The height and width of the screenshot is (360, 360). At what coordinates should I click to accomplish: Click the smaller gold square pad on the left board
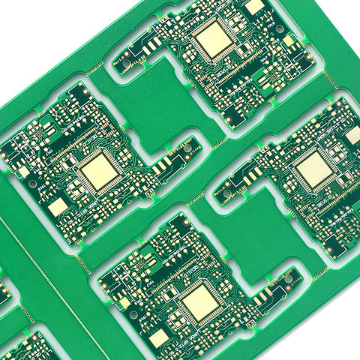coord(58,207)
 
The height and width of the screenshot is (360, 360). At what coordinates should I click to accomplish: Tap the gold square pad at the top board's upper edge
coord(254,6)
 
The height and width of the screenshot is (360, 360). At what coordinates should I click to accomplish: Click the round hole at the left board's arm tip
coord(187,149)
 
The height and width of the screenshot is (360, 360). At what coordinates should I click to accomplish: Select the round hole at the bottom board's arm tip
coord(287,282)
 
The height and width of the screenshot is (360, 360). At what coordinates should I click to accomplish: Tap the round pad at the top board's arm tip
coord(127,56)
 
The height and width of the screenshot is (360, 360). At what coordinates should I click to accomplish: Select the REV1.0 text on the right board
coord(329,204)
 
